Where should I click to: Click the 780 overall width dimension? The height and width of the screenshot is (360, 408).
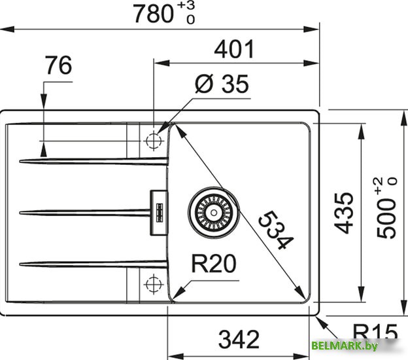pyautogui.click(x=154, y=14)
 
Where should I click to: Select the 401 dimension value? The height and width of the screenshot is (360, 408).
pyautogui.click(x=233, y=49)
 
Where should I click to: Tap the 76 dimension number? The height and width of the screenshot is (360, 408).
pyautogui.click(x=59, y=66)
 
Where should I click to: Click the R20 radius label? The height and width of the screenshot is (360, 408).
pyautogui.click(x=213, y=264)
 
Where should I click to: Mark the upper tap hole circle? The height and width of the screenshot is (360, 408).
pyautogui.click(x=154, y=141)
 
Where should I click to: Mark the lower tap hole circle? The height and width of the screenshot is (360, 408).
pyautogui.click(x=154, y=284)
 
